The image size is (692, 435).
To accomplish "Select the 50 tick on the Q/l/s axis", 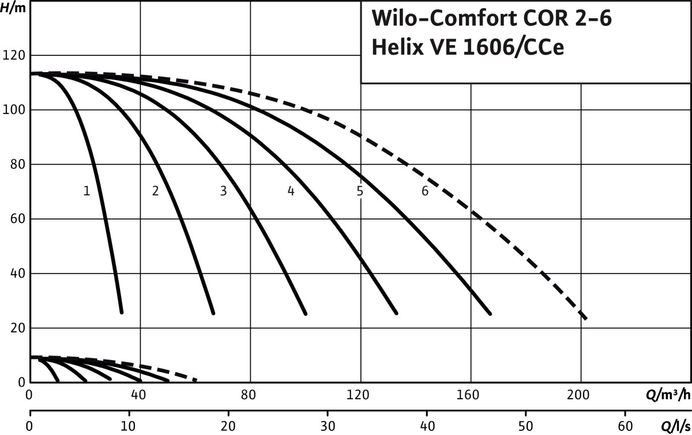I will pyautogui.click(x=526, y=426).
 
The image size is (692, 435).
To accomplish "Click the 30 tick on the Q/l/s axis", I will pyautogui.click(x=328, y=426).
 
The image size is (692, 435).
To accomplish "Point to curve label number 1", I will pyautogui.click(x=86, y=191).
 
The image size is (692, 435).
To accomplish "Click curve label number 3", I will pyautogui.click(x=223, y=191).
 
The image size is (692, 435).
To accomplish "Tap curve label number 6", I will pyautogui.click(x=425, y=191).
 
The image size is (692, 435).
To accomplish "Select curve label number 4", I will pyautogui.click(x=291, y=191).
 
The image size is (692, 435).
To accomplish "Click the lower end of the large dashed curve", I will pyautogui.click(x=586, y=318).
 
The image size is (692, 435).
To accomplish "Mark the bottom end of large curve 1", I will pyautogui.click(x=122, y=312).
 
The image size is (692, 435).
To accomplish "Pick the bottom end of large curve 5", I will pyautogui.click(x=490, y=313).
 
